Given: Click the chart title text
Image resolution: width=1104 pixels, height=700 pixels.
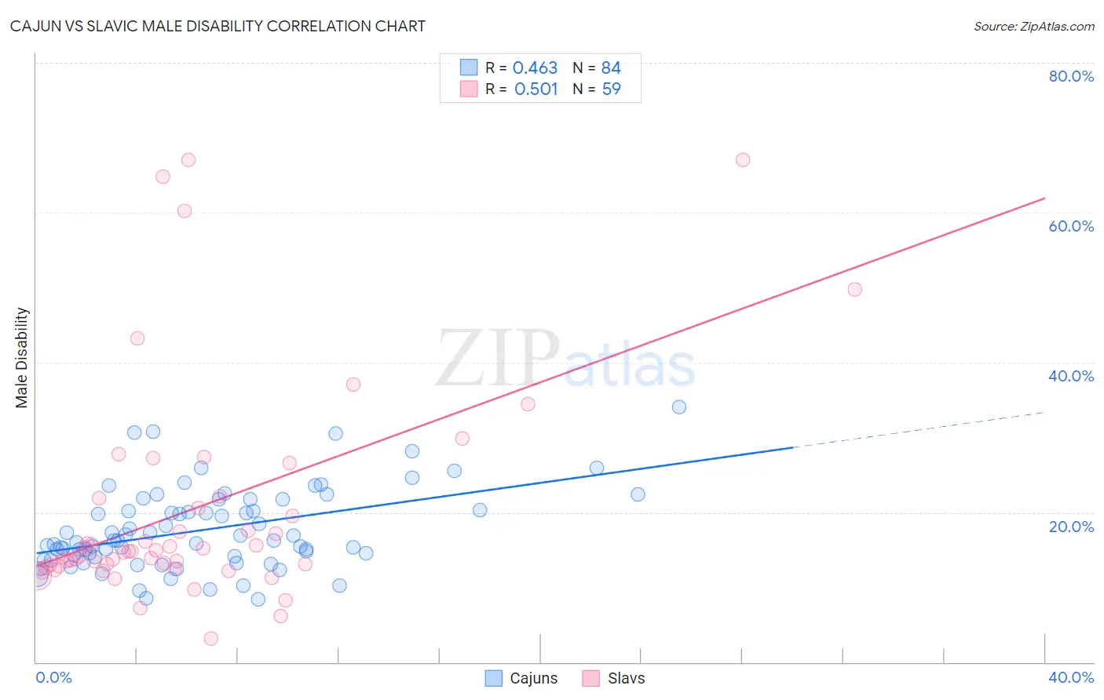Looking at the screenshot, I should coord(218,26).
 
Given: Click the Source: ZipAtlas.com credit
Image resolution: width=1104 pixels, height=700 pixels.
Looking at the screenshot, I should coord(1033,27).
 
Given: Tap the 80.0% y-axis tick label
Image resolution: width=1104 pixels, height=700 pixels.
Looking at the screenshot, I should coord(1071,76).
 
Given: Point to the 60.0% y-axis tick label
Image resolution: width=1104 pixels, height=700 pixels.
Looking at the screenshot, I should coord(1071,226).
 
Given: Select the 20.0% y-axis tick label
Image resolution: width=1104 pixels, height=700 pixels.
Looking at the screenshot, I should coord(1071,527).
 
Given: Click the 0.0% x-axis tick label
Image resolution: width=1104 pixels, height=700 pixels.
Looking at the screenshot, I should coord(53,677).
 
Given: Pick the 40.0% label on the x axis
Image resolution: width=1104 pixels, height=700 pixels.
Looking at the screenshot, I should coord(1071,677).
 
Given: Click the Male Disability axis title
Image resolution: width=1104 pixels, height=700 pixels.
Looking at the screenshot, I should coord(22,358).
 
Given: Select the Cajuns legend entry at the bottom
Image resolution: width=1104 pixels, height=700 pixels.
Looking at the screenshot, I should coord(521,678).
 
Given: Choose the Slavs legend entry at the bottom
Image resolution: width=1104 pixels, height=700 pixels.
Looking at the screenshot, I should coord(613,678).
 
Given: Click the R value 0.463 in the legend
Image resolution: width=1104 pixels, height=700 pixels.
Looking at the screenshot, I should coord(535,68).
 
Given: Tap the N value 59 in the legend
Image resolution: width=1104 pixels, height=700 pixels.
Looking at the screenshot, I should coord(611,89).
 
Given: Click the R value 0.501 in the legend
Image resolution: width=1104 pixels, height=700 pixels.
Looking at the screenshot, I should coord(536,89).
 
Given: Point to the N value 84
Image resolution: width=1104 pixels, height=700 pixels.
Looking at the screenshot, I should coord(611,68).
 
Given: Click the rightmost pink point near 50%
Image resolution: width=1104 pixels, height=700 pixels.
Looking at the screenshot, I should coord(855,290).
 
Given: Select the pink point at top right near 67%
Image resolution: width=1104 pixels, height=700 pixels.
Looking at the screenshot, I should coord(743,160).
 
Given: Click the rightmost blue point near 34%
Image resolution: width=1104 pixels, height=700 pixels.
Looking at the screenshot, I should coord(679,407).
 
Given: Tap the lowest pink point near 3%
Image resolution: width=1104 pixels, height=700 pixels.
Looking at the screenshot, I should coord(211,639).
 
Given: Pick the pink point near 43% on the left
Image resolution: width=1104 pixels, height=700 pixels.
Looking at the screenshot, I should coord(137,339).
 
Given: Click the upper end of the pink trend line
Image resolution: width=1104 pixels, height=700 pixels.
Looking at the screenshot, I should coord(1044,198).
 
